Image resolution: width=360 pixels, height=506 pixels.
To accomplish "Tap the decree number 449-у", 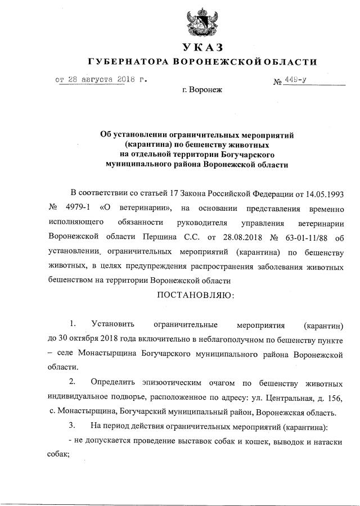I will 296,80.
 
